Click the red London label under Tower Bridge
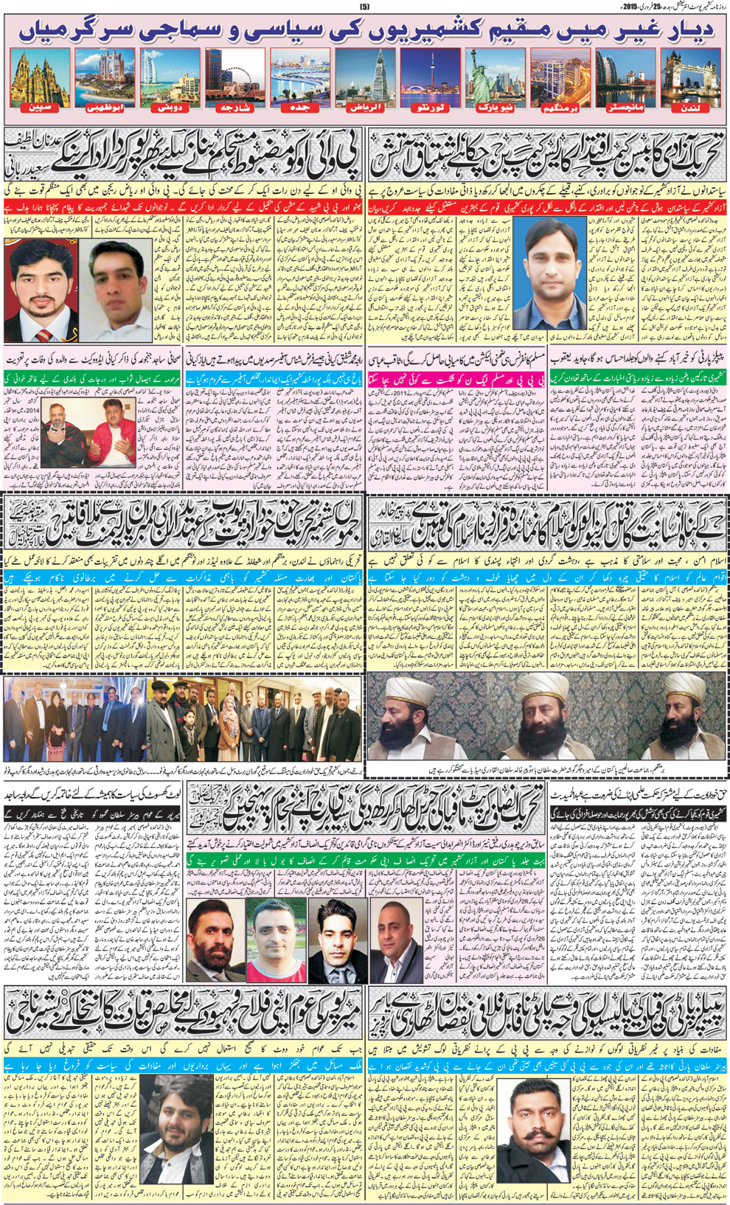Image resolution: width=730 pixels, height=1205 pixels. tap(690, 108)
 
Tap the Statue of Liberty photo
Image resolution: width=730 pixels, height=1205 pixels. tap(495, 77)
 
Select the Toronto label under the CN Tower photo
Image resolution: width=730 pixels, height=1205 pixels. tap(431, 108)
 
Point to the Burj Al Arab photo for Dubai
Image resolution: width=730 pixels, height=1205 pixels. tap(170, 77)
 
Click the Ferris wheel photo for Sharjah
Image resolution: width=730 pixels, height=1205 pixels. tap(235, 77)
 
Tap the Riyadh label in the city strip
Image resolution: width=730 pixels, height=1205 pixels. tap(365, 108)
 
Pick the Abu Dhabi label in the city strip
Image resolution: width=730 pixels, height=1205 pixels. tap(105, 108)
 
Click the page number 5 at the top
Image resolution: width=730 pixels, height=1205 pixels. tap(364, 7)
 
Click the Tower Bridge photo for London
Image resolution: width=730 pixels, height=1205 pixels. tap(690, 77)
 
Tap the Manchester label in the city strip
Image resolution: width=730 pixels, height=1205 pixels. tap(625, 108)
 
